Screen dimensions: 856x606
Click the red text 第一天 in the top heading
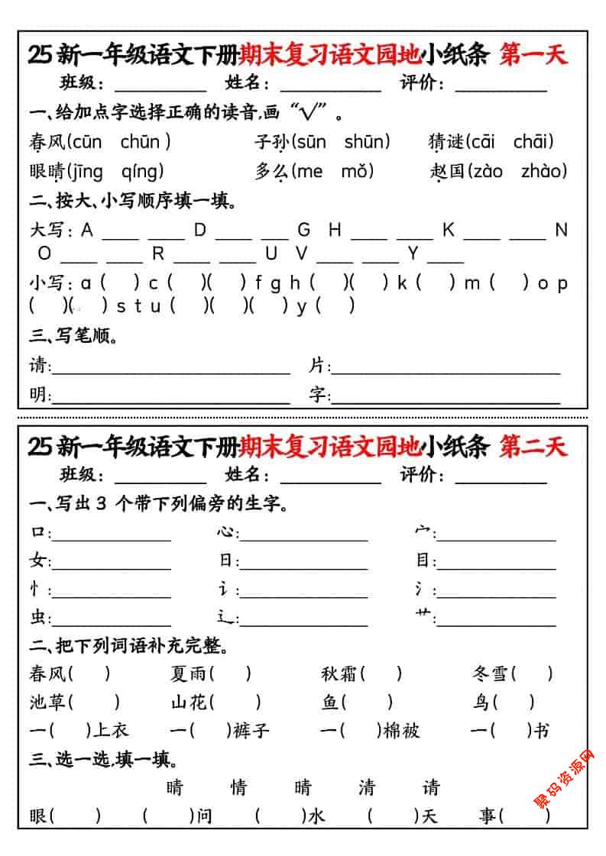tap(533, 55)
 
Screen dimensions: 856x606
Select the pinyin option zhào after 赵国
tap(543, 170)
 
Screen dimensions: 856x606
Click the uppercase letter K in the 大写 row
tap(448, 229)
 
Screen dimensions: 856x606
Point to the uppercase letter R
tap(158, 253)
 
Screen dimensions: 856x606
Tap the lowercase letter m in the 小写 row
tap(472, 283)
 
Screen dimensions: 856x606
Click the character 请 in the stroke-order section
tap(38, 366)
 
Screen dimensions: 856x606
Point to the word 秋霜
tap(339, 673)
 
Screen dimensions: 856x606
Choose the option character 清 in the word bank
tap(367, 787)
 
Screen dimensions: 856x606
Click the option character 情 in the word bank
tap(239, 787)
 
